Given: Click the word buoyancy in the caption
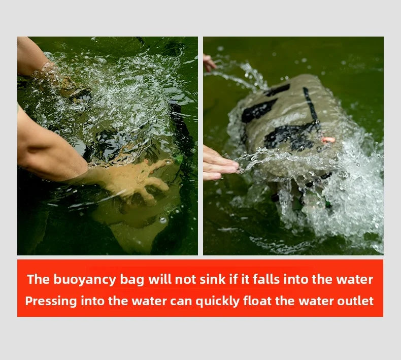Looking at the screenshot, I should click(x=84, y=279).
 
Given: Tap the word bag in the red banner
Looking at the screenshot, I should click(x=133, y=279).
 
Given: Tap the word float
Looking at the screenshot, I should click(x=257, y=301).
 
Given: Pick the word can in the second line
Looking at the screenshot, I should click(x=182, y=301).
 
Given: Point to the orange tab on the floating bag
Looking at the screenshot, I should click(x=328, y=140).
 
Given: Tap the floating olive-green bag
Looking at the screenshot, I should click(x=294, y=127).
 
